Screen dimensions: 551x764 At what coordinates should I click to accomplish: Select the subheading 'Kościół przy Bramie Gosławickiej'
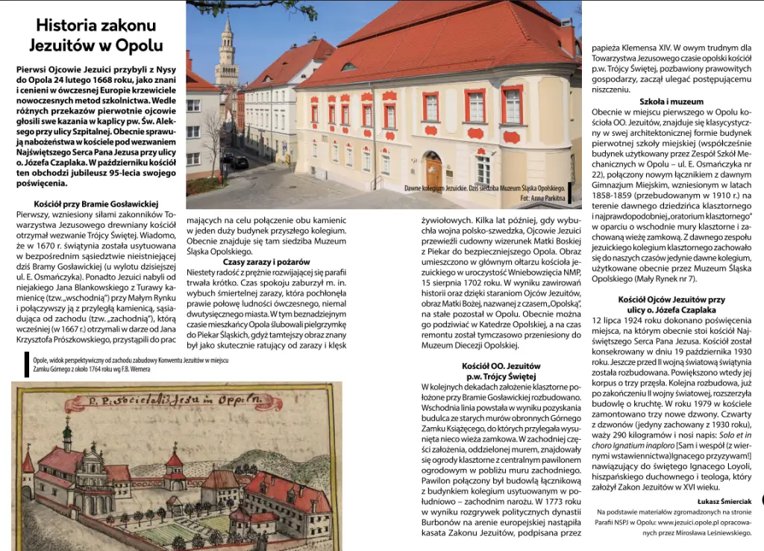pos(96,203)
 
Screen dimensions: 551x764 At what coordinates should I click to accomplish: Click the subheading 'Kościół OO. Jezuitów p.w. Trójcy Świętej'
pos(499,371)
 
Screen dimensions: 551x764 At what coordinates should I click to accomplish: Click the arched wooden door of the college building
pos(433,173)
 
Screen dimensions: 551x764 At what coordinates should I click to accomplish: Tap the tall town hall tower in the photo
pos(226,56)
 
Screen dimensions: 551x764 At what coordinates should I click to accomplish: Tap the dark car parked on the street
pos(240,162)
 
